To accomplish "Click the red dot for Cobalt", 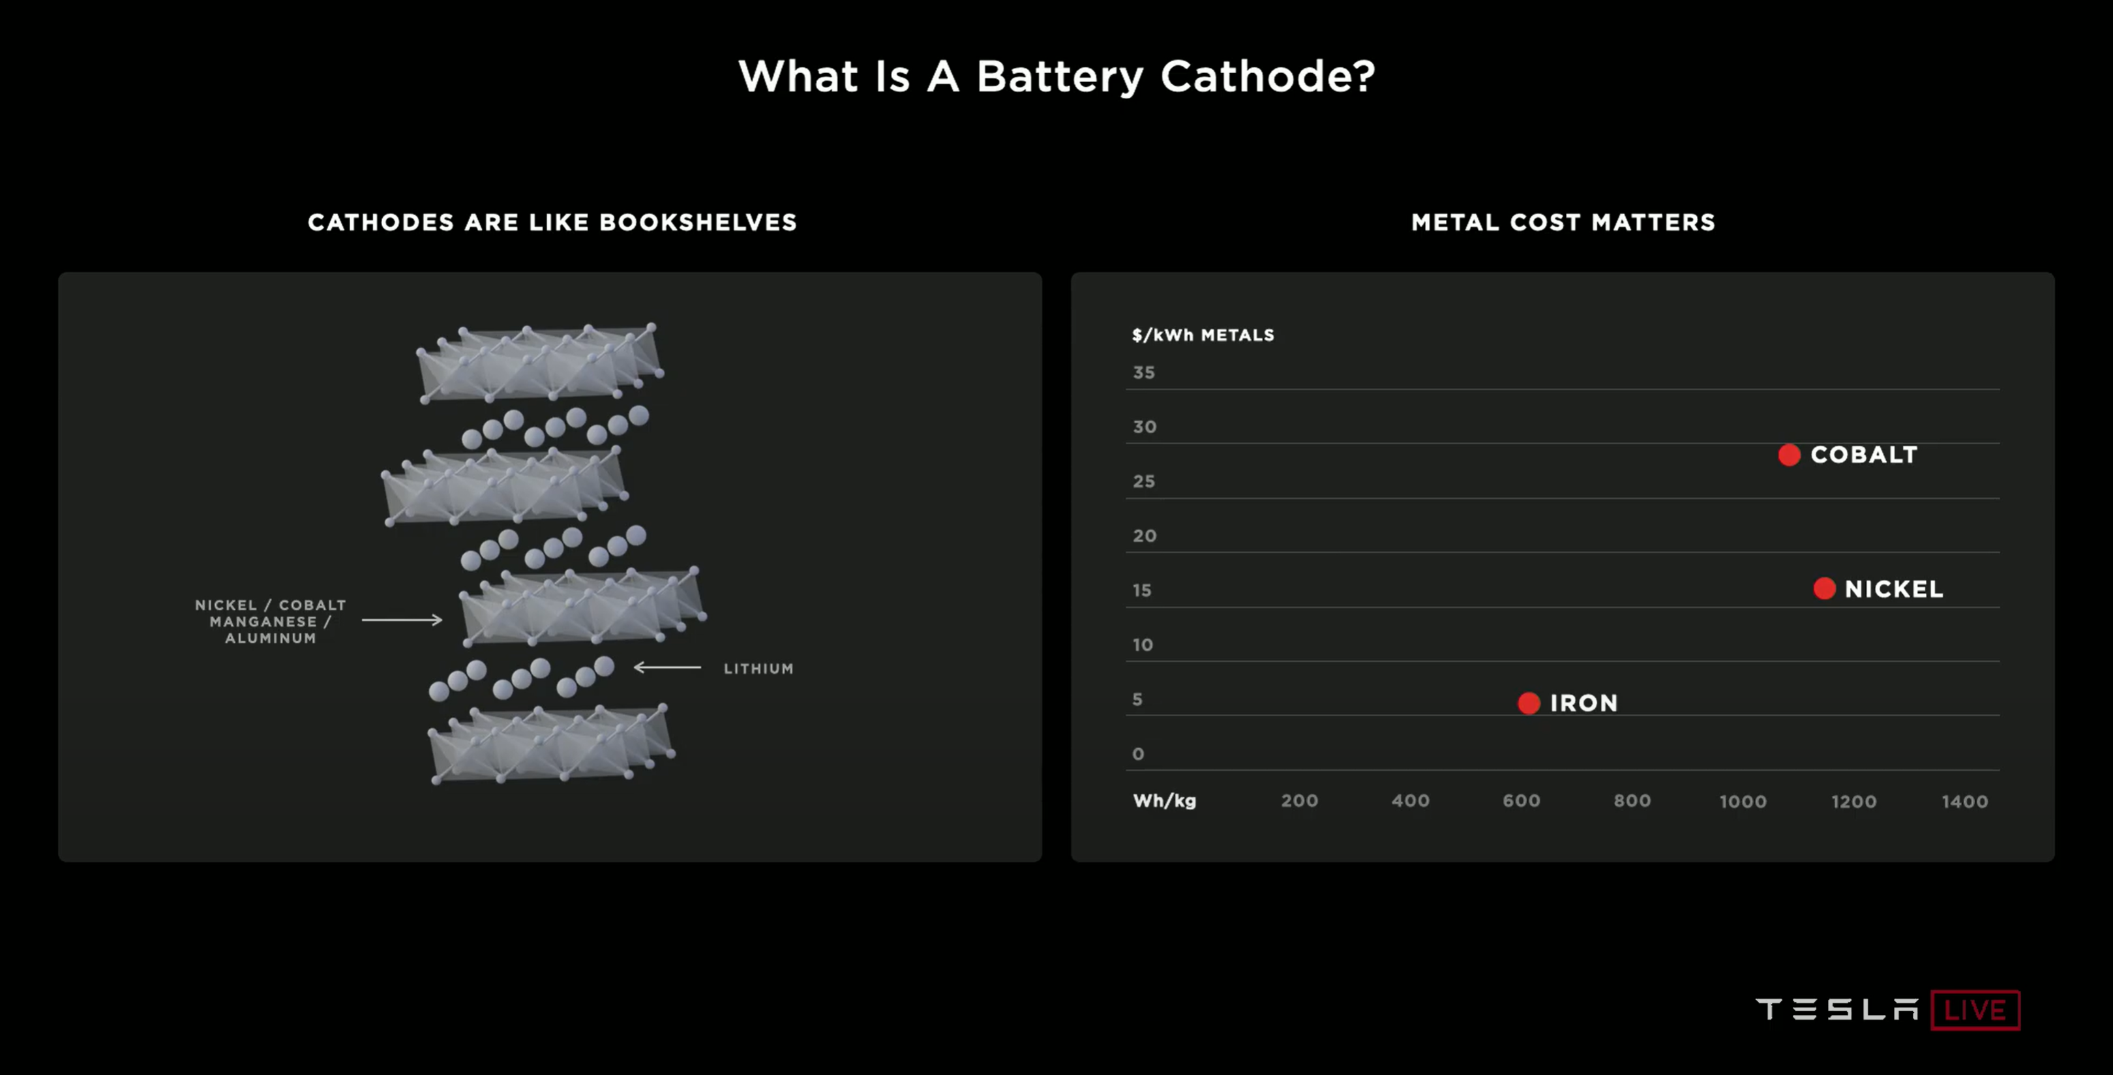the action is click(x=1789, y=455).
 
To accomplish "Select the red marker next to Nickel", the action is click(x=1824, y=588).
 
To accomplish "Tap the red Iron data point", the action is click(x=1529, y=703).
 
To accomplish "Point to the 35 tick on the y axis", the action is click(x=1143, y=372).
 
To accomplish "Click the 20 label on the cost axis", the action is click(x=1145, y=536).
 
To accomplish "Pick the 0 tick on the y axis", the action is click(x=1138, y=754).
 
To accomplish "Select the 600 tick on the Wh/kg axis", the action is click(x=1521, y=801).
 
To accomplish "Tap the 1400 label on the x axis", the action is click(x=1964, y=802).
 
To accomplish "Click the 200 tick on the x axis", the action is click(x=1299, y=801).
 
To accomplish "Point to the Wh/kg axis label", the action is click(x=1164, y=801).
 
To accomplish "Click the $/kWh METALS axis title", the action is click(x=1203, y=335).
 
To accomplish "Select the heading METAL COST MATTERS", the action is click(x=1563, y=222).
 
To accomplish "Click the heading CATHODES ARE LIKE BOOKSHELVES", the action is click(x=552, y=222).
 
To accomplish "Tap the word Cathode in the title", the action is click(x=1267, y=76).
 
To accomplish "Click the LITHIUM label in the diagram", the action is click(x=758, y=669).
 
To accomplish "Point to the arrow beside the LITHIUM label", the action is click(x=667, y=667).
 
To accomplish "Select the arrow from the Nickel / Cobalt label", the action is click(x=402, y=620).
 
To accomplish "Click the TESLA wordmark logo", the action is click(x=1836, y=1009).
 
